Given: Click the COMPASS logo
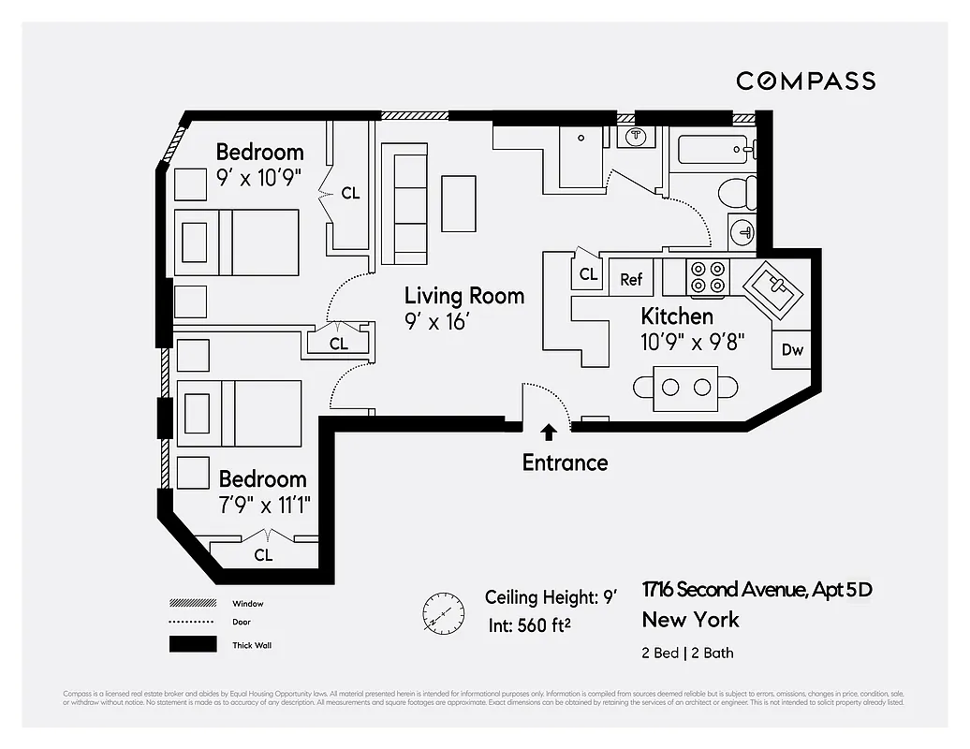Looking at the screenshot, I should (x=805, y=81).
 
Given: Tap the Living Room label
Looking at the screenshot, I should (x=463, y=296).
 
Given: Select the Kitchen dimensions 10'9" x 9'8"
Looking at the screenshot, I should (x=691, y=342).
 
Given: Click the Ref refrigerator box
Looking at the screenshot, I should (x=631, y=279).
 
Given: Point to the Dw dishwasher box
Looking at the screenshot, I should (x=792, y=350).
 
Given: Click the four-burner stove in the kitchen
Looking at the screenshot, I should (x=708, y=277).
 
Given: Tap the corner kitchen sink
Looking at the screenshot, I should (x=772, y=291).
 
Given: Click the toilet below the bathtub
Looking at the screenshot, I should (x=738, y=193).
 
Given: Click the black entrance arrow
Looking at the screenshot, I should (x=549, y=432).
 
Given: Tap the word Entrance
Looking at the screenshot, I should (x=565, y=463).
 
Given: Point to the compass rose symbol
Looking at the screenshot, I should (x=443, y=613).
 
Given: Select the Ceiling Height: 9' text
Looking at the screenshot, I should (x=551, y=597).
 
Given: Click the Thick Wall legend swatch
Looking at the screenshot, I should (x=192, y=644).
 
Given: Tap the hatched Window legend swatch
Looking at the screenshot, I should (x=192, y=604).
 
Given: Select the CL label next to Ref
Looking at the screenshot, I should (x=588, y=274).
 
